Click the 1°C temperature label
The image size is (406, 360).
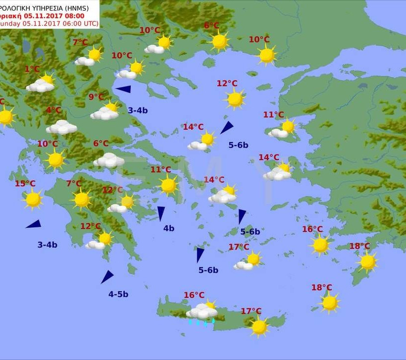[x=32, y=69]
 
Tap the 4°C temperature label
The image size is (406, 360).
[x=54, y=110]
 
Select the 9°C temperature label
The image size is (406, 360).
[x=96, y=97]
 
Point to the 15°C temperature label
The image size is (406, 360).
[x=25, y=184]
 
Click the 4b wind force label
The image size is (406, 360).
[x=169, y=228]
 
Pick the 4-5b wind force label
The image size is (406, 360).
[x=118, y=294]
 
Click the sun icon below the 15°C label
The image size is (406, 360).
[x=33, y=199]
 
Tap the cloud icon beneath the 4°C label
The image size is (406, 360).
[x=61, y=127]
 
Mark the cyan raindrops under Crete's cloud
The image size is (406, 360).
[x=201, y=322]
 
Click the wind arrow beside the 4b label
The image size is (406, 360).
[x=161, y=213]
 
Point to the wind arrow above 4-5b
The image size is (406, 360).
[x=107, y=277]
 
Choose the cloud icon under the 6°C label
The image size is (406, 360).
[x=109, y=160]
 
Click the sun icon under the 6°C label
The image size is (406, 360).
[x=219, y=41]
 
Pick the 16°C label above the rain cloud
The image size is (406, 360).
[x=194, y=295]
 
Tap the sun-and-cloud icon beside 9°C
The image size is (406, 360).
[x=105, y=111]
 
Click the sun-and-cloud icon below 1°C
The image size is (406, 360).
[x=41, y=84]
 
